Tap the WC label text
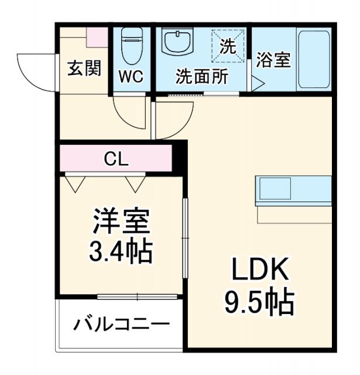(x=132, y=77)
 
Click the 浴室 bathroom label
(x=273, y=60)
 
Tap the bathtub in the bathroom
(x=314, y=59)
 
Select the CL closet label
(x=116, y=158)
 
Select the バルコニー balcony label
(x=122, y=324)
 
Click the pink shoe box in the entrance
(x=97, y=37)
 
